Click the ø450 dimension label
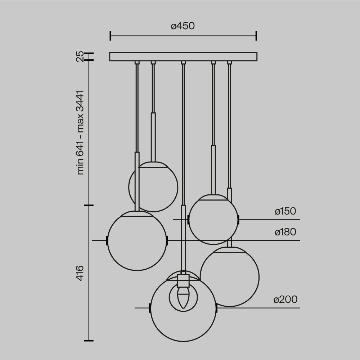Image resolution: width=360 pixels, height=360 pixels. pyautogui.click(x=183, y=26)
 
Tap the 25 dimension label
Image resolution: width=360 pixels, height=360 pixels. pyautogui.click(x=80, y=56)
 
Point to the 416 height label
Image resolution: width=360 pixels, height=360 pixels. pyautogui.click(x=80, y=273)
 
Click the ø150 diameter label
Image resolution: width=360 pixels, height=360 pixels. pyautogui.click(x=285, y=211)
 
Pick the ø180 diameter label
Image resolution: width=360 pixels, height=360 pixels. pyautogui.click(x=285, y=232)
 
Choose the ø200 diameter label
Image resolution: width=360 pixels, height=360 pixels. pyautogui.click(x=285, y=300)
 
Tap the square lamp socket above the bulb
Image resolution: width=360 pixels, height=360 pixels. pyautogui.click(x=183, y=280)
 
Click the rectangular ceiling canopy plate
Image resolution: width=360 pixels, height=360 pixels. pyautogui.click(x=183, y=57)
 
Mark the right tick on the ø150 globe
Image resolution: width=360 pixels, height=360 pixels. pyautogui.click(x=238, y=219)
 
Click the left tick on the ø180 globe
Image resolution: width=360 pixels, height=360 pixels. pyautogui.click(x=107, y=240)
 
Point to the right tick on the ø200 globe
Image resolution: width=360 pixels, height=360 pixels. pyautogui.click(x=216, y=308)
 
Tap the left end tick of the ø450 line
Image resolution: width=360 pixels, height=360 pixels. pyautogui.click(x=110, y=36)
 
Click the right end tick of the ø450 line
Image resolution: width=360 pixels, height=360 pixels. pyautogui.click(x=256, y=36)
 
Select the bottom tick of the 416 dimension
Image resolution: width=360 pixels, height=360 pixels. pyautogui.click(x=89, y=340)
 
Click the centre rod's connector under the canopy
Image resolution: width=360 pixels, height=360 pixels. pyautogui.click(x=183, y=63)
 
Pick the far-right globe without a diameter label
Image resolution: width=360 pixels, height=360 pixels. pyautogui.click(x=230, y=276)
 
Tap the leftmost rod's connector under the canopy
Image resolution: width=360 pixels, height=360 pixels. pyautogui.click(x=137, y=63)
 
